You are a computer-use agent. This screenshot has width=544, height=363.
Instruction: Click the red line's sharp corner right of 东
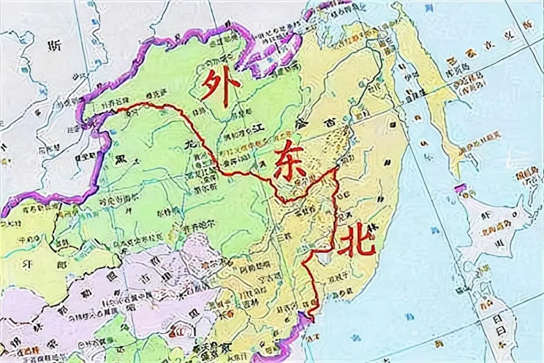(335, 169)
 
